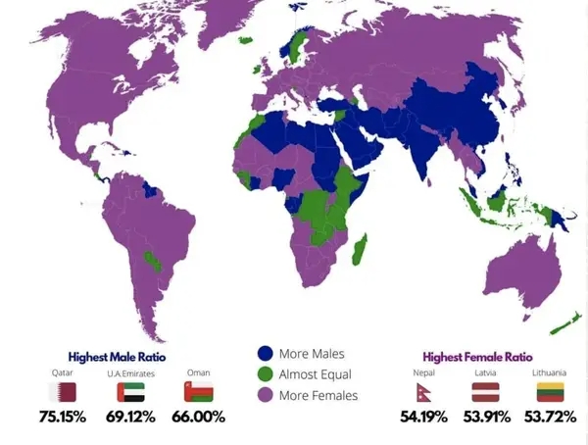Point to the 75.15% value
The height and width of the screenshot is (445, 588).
(x=64, y=418)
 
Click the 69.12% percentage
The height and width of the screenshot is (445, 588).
(x=131, y=418)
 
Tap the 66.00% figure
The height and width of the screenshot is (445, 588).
(x=200, y=418)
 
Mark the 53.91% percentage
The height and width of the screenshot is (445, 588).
(x=487, y=418)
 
